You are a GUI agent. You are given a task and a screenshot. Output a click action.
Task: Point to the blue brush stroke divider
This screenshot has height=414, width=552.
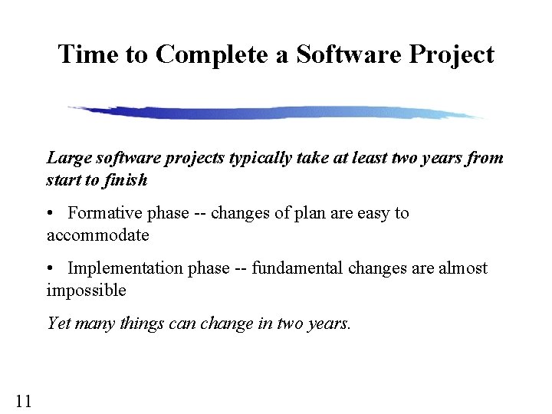point(276,113)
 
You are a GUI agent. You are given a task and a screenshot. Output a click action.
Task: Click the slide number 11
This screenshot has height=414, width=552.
point(22,399)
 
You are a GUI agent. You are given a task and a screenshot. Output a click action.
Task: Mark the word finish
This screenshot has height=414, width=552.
point(126,181)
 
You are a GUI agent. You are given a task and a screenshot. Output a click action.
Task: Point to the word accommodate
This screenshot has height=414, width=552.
point(97,235)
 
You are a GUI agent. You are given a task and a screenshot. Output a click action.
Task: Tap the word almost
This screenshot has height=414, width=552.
point(463,268)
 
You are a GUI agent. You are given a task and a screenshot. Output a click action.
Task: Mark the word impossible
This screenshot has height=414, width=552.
point(86,291)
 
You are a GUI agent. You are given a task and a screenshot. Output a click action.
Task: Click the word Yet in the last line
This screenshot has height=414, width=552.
point(58,324)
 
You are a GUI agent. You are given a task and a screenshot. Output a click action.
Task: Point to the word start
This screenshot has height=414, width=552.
point(64,181)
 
